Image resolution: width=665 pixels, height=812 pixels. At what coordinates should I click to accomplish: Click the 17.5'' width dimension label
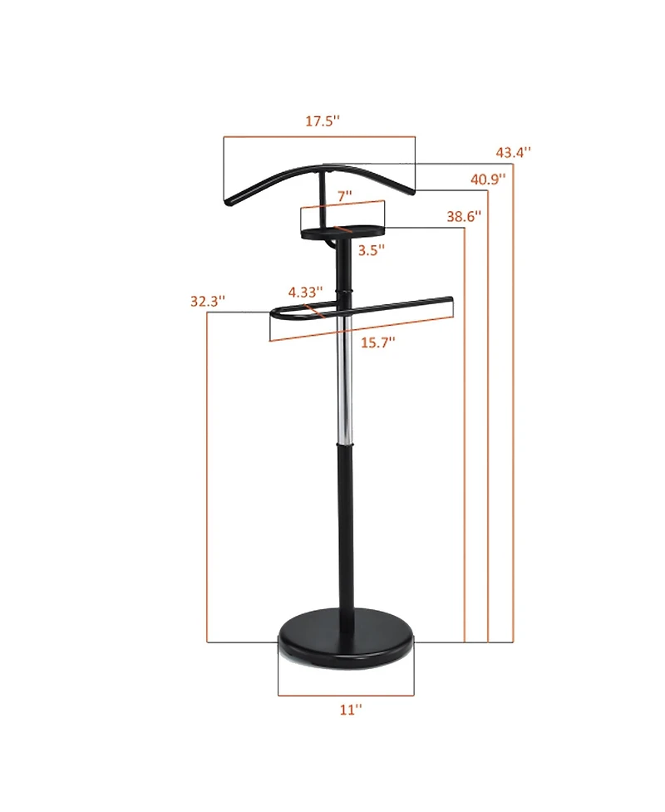pos(322,121)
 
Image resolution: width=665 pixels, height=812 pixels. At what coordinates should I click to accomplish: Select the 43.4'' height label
pos(514,153)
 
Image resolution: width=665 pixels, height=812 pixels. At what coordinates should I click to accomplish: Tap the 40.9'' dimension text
pos(488,179)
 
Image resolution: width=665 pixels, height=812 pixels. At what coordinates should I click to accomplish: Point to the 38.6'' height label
pos(464,216)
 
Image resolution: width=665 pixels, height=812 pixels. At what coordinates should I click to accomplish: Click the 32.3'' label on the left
pos(207,302)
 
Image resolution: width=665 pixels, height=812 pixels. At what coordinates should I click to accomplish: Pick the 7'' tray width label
pos(344,196)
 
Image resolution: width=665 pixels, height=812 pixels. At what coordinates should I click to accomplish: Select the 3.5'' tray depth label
pos(371,249)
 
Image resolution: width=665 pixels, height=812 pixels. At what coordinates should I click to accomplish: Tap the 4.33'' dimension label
pos(305,292)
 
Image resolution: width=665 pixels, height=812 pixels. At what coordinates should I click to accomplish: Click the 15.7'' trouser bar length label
pos(378,342)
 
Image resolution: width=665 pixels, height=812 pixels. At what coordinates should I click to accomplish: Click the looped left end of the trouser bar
pos(276,314)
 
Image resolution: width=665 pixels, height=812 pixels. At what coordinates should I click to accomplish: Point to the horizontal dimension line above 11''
pos(345,695)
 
